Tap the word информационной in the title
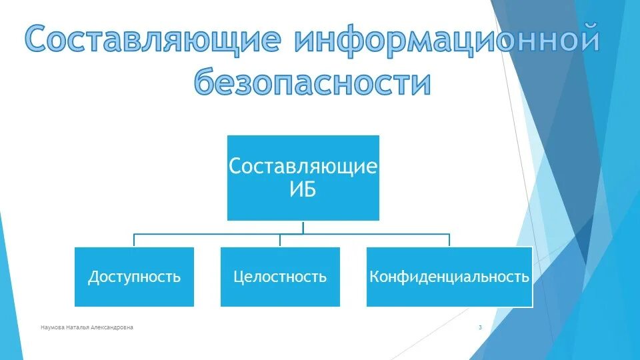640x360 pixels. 445,40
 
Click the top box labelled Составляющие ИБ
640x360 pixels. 303,177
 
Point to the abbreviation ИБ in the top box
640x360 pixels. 303,189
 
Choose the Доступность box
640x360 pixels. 134,277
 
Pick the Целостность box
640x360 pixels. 280,277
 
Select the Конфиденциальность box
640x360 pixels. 449,277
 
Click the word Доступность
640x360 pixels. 134,277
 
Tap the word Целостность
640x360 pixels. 280,277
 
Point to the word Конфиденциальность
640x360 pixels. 449,277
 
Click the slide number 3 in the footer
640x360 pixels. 480,327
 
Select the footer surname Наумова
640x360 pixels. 53,327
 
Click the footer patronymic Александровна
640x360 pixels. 113,327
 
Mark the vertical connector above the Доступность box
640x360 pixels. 134,241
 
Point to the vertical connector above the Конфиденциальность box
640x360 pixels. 449,241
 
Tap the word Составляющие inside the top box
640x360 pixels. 303,166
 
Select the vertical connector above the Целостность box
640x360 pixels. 280,241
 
